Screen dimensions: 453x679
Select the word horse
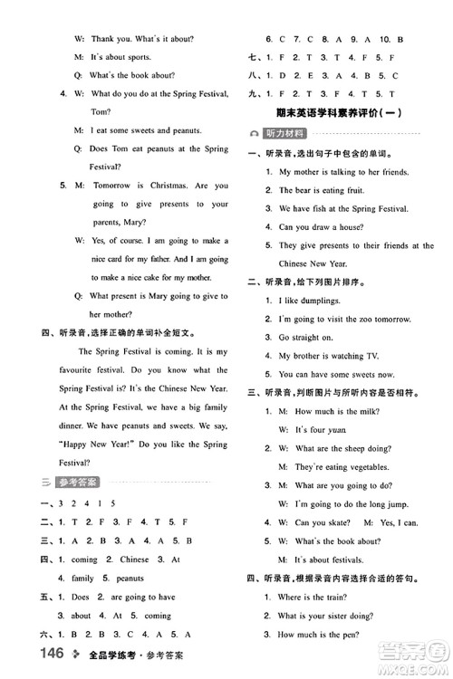pos(344,227)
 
